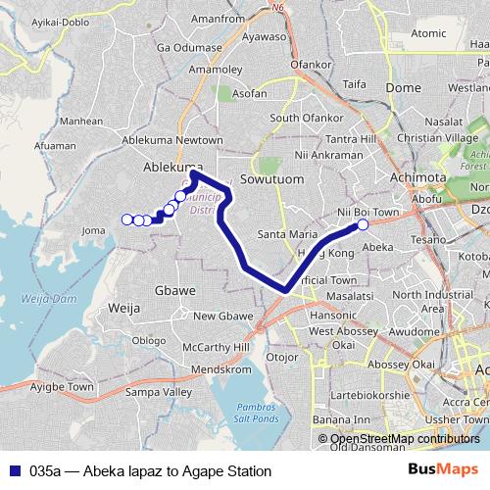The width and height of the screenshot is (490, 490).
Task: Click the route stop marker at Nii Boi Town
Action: [x=363, y=224]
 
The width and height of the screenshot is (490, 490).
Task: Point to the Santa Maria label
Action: [x=286, y=234]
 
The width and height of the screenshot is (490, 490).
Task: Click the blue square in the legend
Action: [x=12, y=471]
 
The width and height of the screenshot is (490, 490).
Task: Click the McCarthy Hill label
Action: [x=222, y=348]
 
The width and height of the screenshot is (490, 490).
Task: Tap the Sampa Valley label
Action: [x=164, y=392]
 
